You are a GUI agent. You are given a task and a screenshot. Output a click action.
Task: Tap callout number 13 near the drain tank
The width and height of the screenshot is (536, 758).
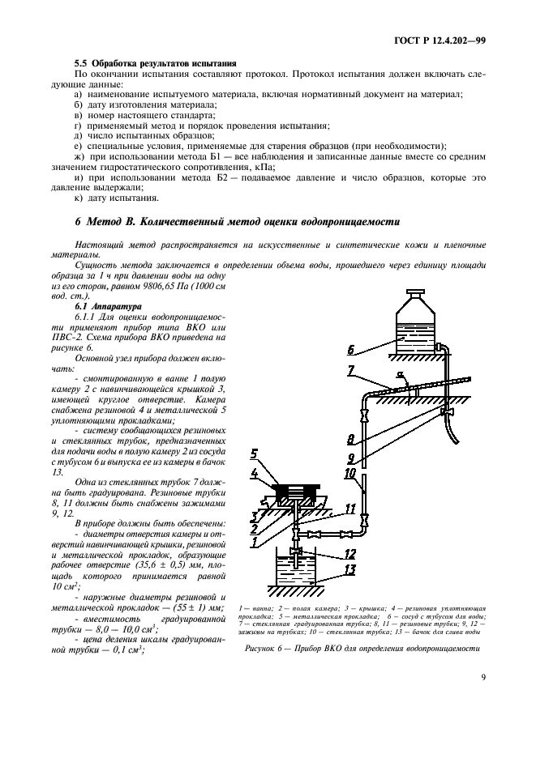click(x=350, y=569)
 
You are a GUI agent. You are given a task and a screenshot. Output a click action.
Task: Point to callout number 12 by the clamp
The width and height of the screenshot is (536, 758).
click(x=350, y=554)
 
